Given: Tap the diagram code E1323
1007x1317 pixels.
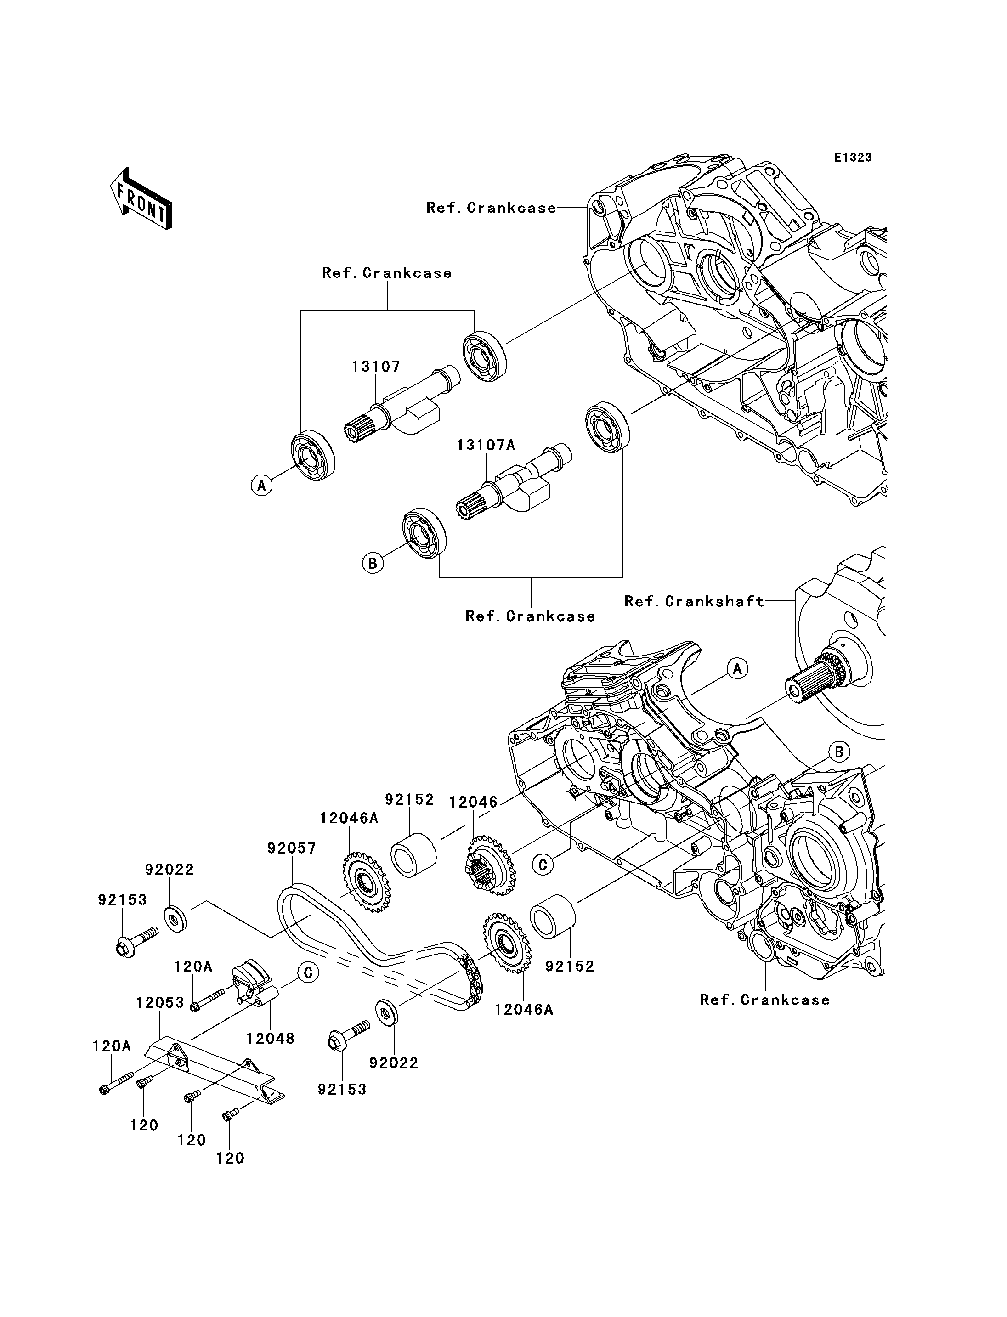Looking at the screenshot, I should [x=853, y=158].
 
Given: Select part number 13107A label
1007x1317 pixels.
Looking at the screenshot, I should [x=486, y=446].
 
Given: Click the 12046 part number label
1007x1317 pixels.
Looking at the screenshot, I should [x=474, y=802].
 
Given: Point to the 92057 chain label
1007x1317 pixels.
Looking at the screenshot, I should [x=291, y=848].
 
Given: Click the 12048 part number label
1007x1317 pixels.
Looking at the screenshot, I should [x=270, y=1039].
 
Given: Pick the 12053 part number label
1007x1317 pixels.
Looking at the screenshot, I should [x=159, y=1003].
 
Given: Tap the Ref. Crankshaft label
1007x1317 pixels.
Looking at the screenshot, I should [x=694, y=602].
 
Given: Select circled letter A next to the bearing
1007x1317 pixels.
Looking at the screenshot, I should [x=261, y=485].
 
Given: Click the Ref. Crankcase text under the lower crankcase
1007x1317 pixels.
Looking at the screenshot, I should [x=765, y=1000].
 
